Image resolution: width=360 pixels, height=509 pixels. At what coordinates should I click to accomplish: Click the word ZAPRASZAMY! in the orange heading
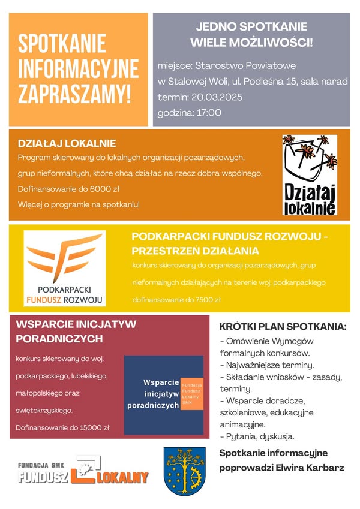coord(75,94)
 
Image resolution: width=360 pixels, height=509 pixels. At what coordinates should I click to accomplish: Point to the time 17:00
coord(207,112)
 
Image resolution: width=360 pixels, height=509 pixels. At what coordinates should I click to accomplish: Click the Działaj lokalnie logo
coord(310,174)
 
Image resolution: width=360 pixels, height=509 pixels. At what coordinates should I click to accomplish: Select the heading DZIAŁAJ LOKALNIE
coord(67,144)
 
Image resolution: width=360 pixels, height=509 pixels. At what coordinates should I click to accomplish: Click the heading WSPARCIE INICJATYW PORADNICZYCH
coord(76,331)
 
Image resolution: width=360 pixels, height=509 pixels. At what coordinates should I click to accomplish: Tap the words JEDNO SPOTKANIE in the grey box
coord(251,26)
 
